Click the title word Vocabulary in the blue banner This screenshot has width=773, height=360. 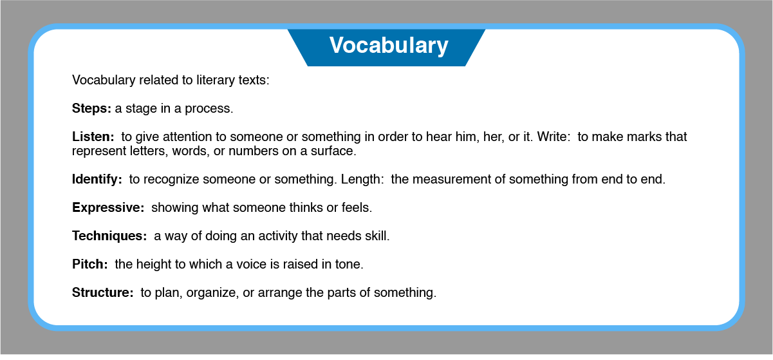389,45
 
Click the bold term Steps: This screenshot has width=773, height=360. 91,108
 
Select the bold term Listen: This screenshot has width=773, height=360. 93,137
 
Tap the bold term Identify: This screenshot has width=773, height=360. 97,179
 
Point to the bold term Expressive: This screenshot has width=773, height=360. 108,207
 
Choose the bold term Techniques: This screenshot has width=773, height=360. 109,236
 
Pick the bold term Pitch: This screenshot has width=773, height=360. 89,264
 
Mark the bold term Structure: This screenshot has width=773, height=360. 102,292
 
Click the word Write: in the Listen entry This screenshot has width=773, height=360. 554,137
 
